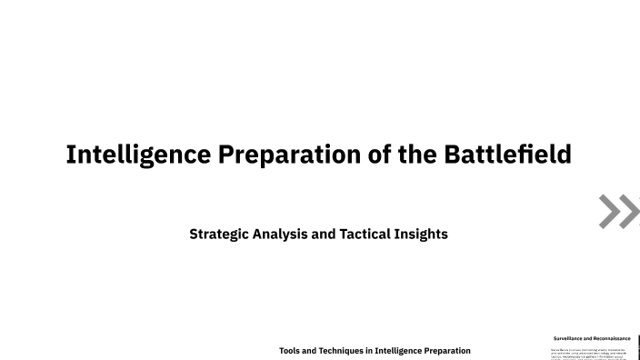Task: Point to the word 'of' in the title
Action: coord(382,155)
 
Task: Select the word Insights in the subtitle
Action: coord(422,234)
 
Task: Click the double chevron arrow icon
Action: coord(619,211)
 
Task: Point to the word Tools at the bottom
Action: coord(290,350)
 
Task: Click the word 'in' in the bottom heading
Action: coord(370,350)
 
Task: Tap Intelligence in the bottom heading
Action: coord(401,350)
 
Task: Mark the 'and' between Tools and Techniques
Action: coord(310,350)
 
